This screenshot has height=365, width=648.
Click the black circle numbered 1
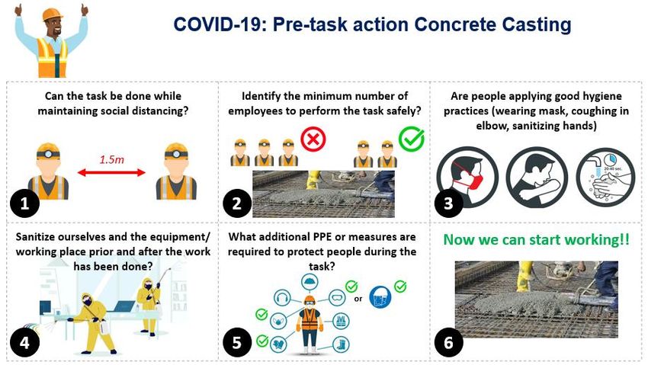click(x=25, y=203)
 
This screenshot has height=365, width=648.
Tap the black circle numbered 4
click(x=25, y=343)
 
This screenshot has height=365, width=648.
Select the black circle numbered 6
click(x=448, y=343)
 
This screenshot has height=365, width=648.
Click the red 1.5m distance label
click(x=111, y=159)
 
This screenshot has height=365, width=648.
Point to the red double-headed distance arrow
click(x=111, y=172)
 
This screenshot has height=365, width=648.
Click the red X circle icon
click(x=313, y=139)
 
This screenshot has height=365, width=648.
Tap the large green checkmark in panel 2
click(x=412, y=139)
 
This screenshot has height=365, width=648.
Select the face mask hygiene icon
click(x=467, y=178)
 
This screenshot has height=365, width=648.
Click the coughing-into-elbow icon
click(x=537, y=178)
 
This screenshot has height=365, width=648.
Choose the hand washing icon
click(x=606, y=178)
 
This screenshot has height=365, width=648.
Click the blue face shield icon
click(x=380, y=297)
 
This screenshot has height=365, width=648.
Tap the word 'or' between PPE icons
click(x=358, y=299)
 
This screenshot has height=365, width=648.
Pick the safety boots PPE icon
click(x=341, y=344)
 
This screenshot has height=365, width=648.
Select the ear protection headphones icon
click(x=282, y=297)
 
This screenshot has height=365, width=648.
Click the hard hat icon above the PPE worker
click(x=309, y=283)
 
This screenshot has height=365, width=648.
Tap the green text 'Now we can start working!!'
click(x=536, y=240)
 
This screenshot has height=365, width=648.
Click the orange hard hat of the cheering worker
click(x=52, y=14)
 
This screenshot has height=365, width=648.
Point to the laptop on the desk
click(x=124, y=307)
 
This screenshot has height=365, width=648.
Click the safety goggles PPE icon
click(x=337, y=297)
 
